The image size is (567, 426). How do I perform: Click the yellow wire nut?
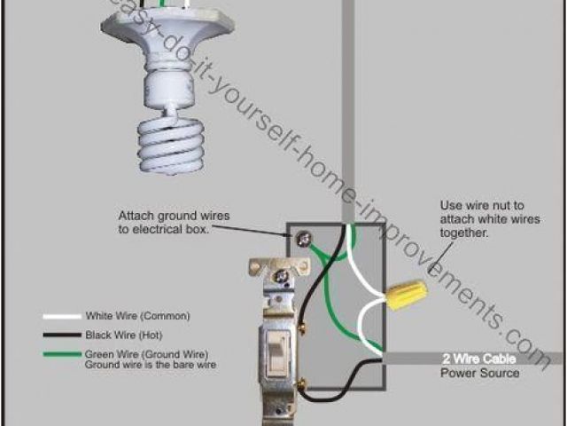point(403,293)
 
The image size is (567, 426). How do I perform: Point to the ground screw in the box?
point(304,238)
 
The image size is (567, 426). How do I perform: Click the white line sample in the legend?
point(60,317)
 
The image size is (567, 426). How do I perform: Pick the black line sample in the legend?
point(60,336)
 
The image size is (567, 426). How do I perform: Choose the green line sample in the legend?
point(60,355)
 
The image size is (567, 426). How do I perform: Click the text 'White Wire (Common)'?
point(137,316)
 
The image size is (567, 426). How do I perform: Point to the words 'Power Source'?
point(480,373)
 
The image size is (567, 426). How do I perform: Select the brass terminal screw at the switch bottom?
point(303,383)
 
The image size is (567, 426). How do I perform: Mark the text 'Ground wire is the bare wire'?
point(151,365)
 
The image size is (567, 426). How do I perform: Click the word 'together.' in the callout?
point(462,233)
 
